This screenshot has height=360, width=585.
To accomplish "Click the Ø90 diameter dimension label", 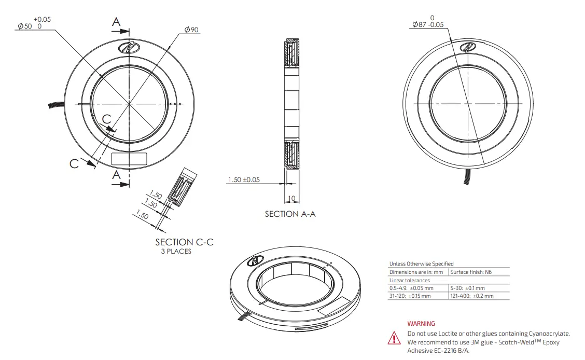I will (x=191, y=30).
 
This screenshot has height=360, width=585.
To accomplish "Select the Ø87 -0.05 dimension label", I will (x=428, y=24).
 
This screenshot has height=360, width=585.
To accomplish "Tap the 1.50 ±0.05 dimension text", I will (x=243, y=180).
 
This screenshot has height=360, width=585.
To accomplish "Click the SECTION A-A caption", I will (x=290, y=214).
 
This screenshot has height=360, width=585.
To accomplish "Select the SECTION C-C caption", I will (x=184, y=242).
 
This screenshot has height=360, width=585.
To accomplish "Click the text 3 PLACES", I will (x=175, y=252).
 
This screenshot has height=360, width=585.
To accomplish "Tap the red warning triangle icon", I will (x=394, y=338).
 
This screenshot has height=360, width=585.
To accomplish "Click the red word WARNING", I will (x=421, y=324).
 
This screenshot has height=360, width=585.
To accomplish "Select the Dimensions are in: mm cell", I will (x=416, y=272).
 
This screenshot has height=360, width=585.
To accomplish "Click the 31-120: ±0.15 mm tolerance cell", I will (x=410, y=296).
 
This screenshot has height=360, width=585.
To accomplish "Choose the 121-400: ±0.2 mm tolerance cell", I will (x=472, y=296).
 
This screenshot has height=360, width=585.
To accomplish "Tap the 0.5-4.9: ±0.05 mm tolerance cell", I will (x=411, y=288).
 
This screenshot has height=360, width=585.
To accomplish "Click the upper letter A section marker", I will (x=117, y=22).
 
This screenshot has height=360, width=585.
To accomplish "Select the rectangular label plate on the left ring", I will (x=130, y=158).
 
